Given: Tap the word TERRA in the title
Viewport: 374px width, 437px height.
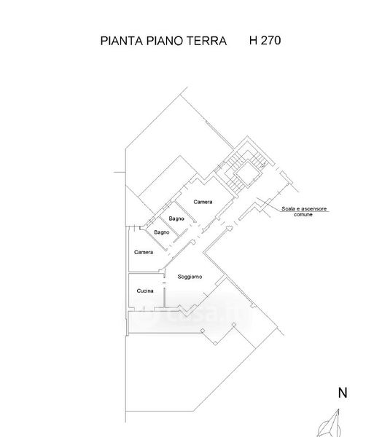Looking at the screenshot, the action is coord(206,41).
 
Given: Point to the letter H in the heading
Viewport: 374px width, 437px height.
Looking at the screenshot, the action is coord(253,40).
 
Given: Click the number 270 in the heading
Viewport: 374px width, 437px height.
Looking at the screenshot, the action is coord(270,40).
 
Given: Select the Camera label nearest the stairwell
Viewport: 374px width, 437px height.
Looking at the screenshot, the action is coord(203,202).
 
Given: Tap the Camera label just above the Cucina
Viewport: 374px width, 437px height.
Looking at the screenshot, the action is coord(144,252).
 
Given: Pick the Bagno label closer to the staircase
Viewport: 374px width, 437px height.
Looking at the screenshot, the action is coord(176,219).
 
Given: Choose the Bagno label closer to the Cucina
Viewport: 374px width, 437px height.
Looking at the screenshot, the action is coord(162,232).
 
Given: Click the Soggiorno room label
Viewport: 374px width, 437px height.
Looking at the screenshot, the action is coord(190,277).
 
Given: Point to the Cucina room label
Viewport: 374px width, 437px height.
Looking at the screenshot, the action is coord(145,291).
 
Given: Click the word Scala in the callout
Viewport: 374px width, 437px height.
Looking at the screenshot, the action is coord(288,209).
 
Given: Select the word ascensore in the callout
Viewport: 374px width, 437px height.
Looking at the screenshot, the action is coord(313,209).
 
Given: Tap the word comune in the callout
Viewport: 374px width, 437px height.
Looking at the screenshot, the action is coord(303,215).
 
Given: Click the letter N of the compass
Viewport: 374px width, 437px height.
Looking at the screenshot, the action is coord(343,393).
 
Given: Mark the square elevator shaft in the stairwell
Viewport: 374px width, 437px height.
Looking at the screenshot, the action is coord(248,173).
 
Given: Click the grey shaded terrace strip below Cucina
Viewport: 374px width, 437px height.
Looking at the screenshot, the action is coord(165,322).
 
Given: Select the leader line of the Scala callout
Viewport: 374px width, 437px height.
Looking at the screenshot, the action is coord(293,205).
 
